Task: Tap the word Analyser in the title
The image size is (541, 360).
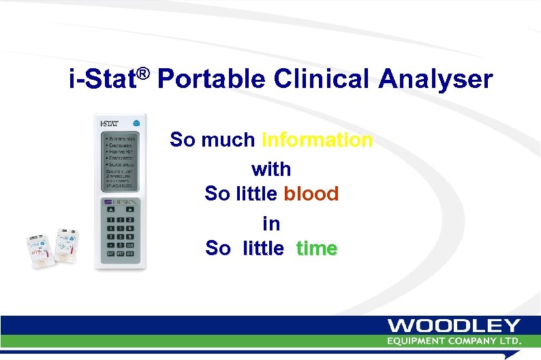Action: click(435, 80)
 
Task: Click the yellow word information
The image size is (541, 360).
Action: click(318, 140)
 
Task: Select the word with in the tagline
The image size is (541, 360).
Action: click(271, 168)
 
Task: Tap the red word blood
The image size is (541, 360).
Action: click(311, 194)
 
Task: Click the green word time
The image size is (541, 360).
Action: click(316, 249)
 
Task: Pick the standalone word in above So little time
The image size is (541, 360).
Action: click(271, 222)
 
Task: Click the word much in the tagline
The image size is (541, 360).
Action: click(228, 140)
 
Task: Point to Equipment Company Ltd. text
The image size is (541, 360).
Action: click(454, 340)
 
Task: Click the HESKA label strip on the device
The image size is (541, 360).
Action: click(121, 203)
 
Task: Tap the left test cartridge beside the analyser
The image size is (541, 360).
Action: click(39, 247)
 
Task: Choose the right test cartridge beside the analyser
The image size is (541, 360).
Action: click(68, 244)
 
